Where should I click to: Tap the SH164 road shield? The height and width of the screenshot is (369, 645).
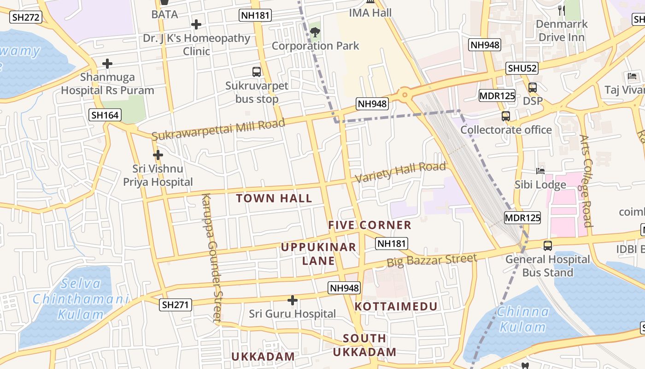(x=105, y=115)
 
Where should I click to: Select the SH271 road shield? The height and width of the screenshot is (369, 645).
(x=176, y=304)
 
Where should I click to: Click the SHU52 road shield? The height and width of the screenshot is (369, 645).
(x=522, y=68)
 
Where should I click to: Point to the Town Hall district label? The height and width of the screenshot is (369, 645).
(x=274, y=199)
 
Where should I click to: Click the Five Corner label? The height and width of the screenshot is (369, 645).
(x=369, y=225)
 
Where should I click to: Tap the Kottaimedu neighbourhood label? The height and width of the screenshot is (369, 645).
(x=396, y=306)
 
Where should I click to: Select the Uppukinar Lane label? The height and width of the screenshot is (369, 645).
(x=318, y=254)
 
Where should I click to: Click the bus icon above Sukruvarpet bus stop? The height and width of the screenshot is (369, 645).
(x=257, y=72)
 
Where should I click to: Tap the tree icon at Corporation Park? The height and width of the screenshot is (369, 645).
(x=315, y=32)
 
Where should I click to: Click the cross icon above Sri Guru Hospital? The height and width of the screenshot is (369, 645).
(x=292, y=301)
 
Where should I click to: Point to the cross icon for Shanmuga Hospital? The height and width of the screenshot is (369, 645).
(x=107, y=64)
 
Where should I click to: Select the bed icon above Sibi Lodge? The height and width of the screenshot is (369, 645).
(x=540, y=171)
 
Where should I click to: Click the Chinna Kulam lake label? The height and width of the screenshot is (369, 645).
(x=522, y=319)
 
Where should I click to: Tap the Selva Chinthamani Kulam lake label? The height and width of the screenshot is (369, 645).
(x=81, y=299)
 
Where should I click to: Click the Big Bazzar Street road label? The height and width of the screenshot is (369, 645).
(x=432, y=260)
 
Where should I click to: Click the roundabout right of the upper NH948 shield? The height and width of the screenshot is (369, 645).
(x=405, y=95)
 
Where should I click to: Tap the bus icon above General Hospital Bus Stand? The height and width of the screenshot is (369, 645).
(x=547, y=246)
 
